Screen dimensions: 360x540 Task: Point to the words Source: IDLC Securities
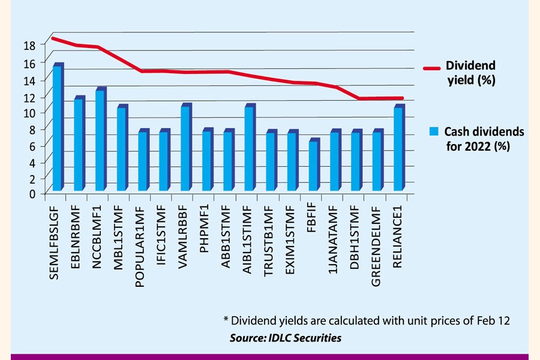tap(286, 338)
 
